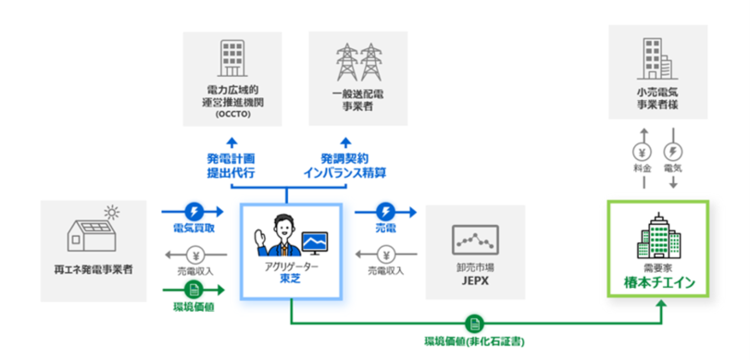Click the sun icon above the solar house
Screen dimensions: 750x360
[112, 211]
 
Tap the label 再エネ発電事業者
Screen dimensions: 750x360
[94, 270]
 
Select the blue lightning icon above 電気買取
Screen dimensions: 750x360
[195, 210]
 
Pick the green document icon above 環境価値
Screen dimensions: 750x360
[195, 290]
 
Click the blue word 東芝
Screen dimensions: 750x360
[291, 279]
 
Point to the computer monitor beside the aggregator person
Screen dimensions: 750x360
[315, 242]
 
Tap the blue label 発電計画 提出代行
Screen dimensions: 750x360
[231, 166]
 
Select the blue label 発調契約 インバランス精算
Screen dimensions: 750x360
[344, 166]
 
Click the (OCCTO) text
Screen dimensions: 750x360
[232, 115]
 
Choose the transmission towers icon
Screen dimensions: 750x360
[357, 62]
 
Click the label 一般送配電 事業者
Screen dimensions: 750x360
[357, 100]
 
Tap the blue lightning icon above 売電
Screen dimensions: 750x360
[386, 210]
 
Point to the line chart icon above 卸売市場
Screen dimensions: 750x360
[475, 240]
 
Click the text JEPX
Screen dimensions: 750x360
[475, 281]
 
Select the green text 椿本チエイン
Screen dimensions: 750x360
[658, 283]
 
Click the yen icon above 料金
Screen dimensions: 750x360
[644, 153]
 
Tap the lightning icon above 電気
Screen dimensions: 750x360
[673, 153]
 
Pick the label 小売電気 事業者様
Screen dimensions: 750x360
[657, 99]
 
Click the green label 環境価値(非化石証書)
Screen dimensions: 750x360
[475, 341]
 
